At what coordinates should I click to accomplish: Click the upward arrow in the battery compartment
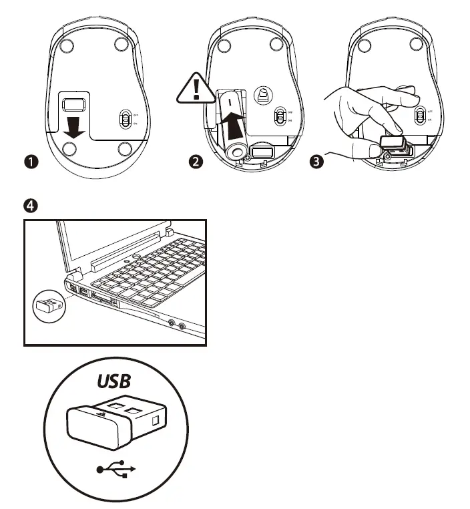232,127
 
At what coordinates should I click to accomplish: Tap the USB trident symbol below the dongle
116,470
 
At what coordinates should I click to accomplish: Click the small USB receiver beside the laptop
47,305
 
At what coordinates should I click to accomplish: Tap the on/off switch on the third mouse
419,117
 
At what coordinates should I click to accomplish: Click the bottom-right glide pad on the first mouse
122,147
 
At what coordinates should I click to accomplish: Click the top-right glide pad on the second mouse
276,45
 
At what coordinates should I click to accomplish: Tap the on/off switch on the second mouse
281,117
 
